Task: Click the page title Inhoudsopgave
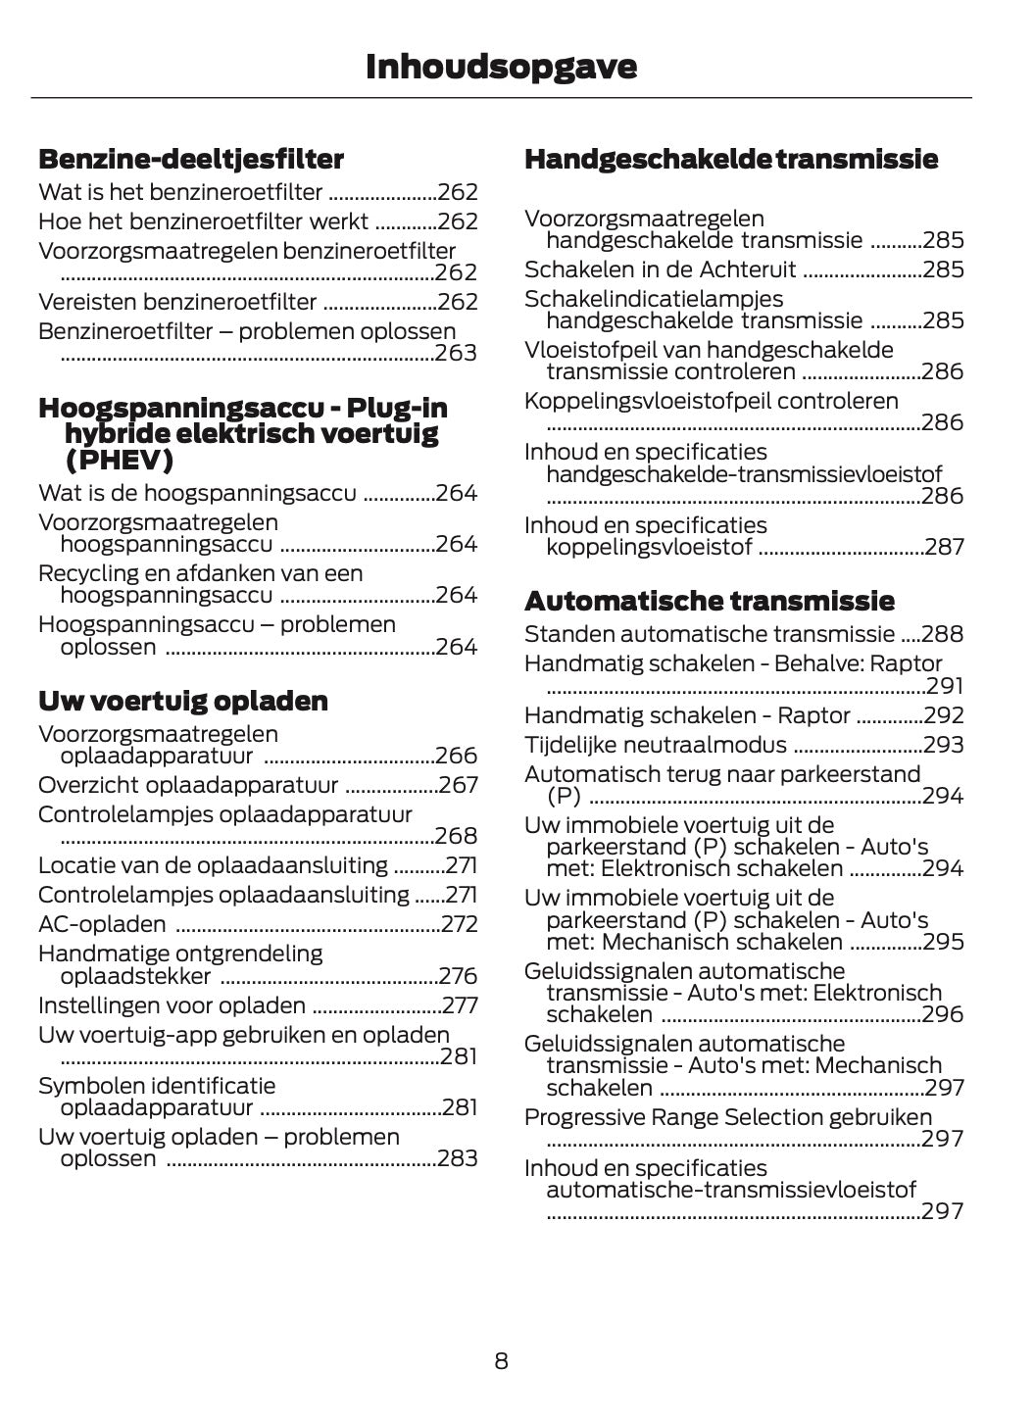click(501, 67)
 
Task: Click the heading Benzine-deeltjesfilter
click(191, 159)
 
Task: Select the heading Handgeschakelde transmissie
click(731, 159)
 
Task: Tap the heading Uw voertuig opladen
click(183, 701)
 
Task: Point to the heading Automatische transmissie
click(710, 600)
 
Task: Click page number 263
click(456, 353)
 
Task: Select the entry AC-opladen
click(102, 924)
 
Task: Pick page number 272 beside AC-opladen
click(459, 924)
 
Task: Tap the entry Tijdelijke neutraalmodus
click(655, 745)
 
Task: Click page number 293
click(943, 745)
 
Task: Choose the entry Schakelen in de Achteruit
click(660, 269)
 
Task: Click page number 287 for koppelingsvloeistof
click(944, 547)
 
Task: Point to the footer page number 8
click(501, 1360)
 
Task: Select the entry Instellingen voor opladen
click(172, 1005)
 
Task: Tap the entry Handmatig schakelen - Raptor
click(687, 715)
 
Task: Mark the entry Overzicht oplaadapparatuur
click(188, 785)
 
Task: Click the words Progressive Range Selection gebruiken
click(728, 1117)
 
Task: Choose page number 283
click(457, 1158)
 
